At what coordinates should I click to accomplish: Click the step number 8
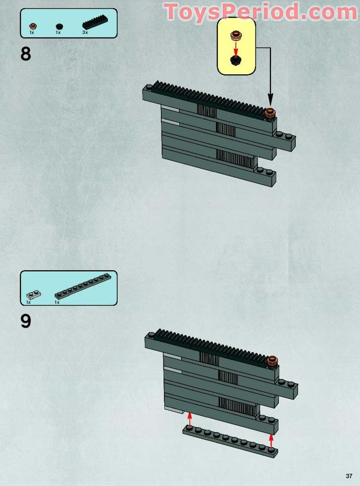pyautogui.click(x=26, y=53)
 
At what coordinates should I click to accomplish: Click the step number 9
pyautogui.click(x=26, y=321)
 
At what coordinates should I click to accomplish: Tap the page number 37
pyautogui.click(x=349, y=476)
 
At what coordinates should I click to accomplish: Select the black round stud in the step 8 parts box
pyautogui.click(x=59, y=27)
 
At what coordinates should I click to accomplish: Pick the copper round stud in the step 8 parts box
pyautogui.click(x=33, y=26)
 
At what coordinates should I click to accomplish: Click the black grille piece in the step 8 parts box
pyautogui.click(x=95, y=22)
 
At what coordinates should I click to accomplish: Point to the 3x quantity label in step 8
pyautogui.click(x=85, y=32)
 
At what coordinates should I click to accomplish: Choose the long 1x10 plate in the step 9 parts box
pyautogui.click(x=83, y=286)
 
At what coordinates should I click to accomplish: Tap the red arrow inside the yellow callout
pyautogui.click(x=236, y=49)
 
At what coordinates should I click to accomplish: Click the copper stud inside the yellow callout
pyautogui.click(x=236, y=35)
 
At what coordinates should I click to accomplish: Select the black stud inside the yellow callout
pyautogui.click(x=236, y=60)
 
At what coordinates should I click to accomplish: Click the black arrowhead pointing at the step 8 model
pyautogui.click(x=270, y=101)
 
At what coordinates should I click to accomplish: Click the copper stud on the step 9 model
pyautogui.click(x=272, y=361)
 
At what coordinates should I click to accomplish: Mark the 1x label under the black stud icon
pyautogui.click(x=58, y=32)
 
